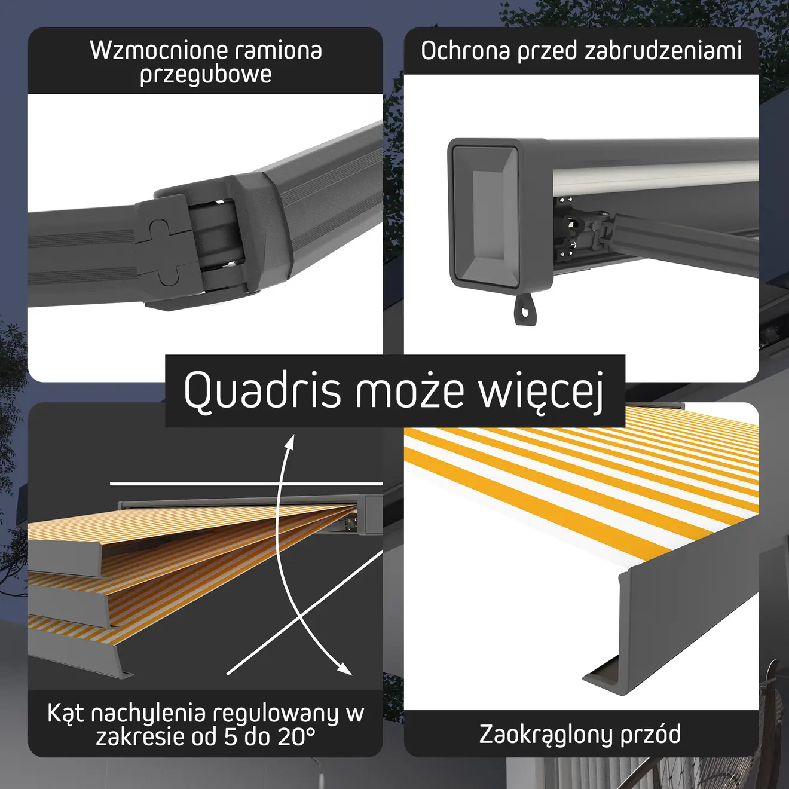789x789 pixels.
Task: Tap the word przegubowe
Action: [x=206, y=75]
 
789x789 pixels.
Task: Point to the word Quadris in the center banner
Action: [x=262, y=389]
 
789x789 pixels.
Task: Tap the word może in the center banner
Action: [x=409, y=389]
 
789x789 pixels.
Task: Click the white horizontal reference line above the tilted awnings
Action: [x=246, y=484]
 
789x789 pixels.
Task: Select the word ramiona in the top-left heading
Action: [x=279, y=51]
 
